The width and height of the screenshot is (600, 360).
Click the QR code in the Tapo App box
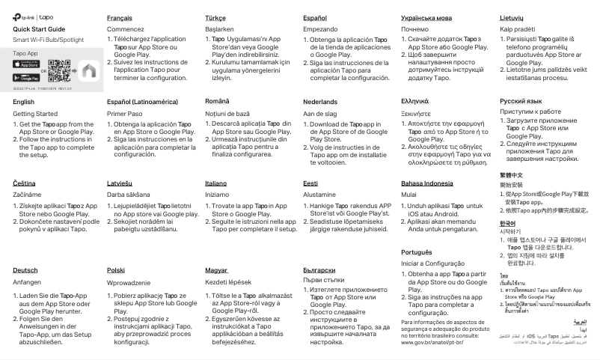point(59,70)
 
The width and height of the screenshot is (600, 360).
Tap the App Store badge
point(27,64)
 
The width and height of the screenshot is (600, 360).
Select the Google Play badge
point(27,76)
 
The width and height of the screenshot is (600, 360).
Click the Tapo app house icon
point(89,70)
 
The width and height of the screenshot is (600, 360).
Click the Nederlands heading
point(320,100)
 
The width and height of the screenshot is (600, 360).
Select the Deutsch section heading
point(26,269)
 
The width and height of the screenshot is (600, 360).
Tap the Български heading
point(319,269)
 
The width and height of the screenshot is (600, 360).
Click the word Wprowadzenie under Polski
point(133,283)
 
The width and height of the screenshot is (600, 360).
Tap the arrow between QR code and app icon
point(74,70)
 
